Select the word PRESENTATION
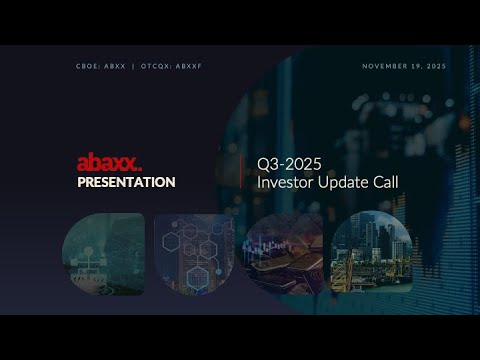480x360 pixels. (126, 182)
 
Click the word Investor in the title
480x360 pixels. (284, 182)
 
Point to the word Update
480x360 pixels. (344, 182)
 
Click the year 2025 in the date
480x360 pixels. (435, 66)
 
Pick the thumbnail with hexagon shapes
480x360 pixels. (193, 253)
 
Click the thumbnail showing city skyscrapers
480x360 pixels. (371, 253)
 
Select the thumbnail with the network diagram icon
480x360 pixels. (102, 253)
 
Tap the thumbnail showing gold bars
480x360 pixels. (283, 253)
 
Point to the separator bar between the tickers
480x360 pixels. (133, 66)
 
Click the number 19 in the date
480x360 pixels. (416, 66)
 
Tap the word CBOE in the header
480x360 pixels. (86, 66)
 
